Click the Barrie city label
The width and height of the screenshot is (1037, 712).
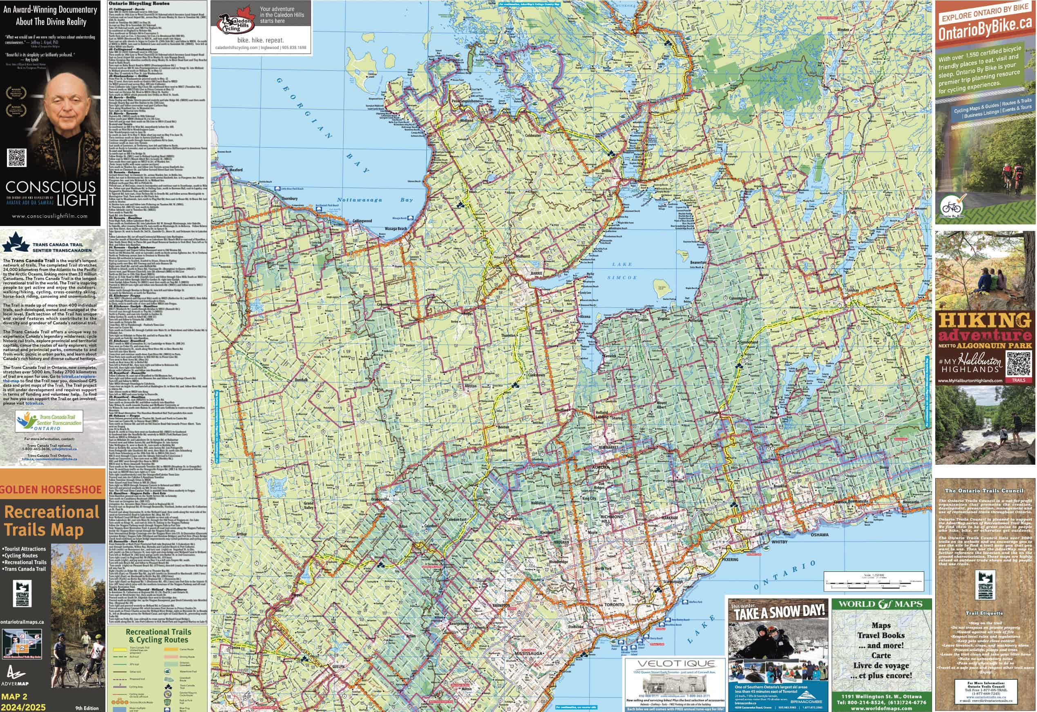tap(536, 273)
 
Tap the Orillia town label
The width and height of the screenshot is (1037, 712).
tap(606, 170)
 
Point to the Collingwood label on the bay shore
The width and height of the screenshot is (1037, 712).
tap(362, 221)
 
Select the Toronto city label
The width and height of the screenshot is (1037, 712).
tap(614, 605)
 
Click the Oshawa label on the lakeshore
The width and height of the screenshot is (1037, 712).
tap(819, 535)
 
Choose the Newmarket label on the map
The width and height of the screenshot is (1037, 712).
tap(609, 447)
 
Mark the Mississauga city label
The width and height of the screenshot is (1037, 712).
tap(528, 654)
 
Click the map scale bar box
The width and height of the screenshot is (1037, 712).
tap(873, 582)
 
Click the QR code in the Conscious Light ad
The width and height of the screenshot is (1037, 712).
tap(17, 158)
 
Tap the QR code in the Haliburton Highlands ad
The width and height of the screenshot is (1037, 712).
tap(1019, 364)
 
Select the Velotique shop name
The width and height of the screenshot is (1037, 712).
tap(676, 664)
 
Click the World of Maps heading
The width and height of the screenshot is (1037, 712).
tap(881, 605)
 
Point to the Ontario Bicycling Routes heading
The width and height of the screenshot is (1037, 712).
tap(139, 4)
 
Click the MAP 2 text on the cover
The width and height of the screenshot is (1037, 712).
tap(14, 696)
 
